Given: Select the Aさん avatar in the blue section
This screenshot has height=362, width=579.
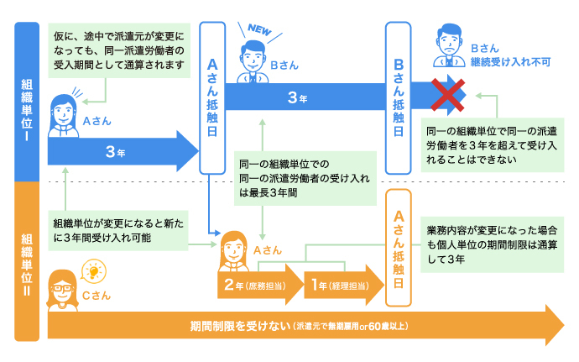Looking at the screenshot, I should tap(63, 114).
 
